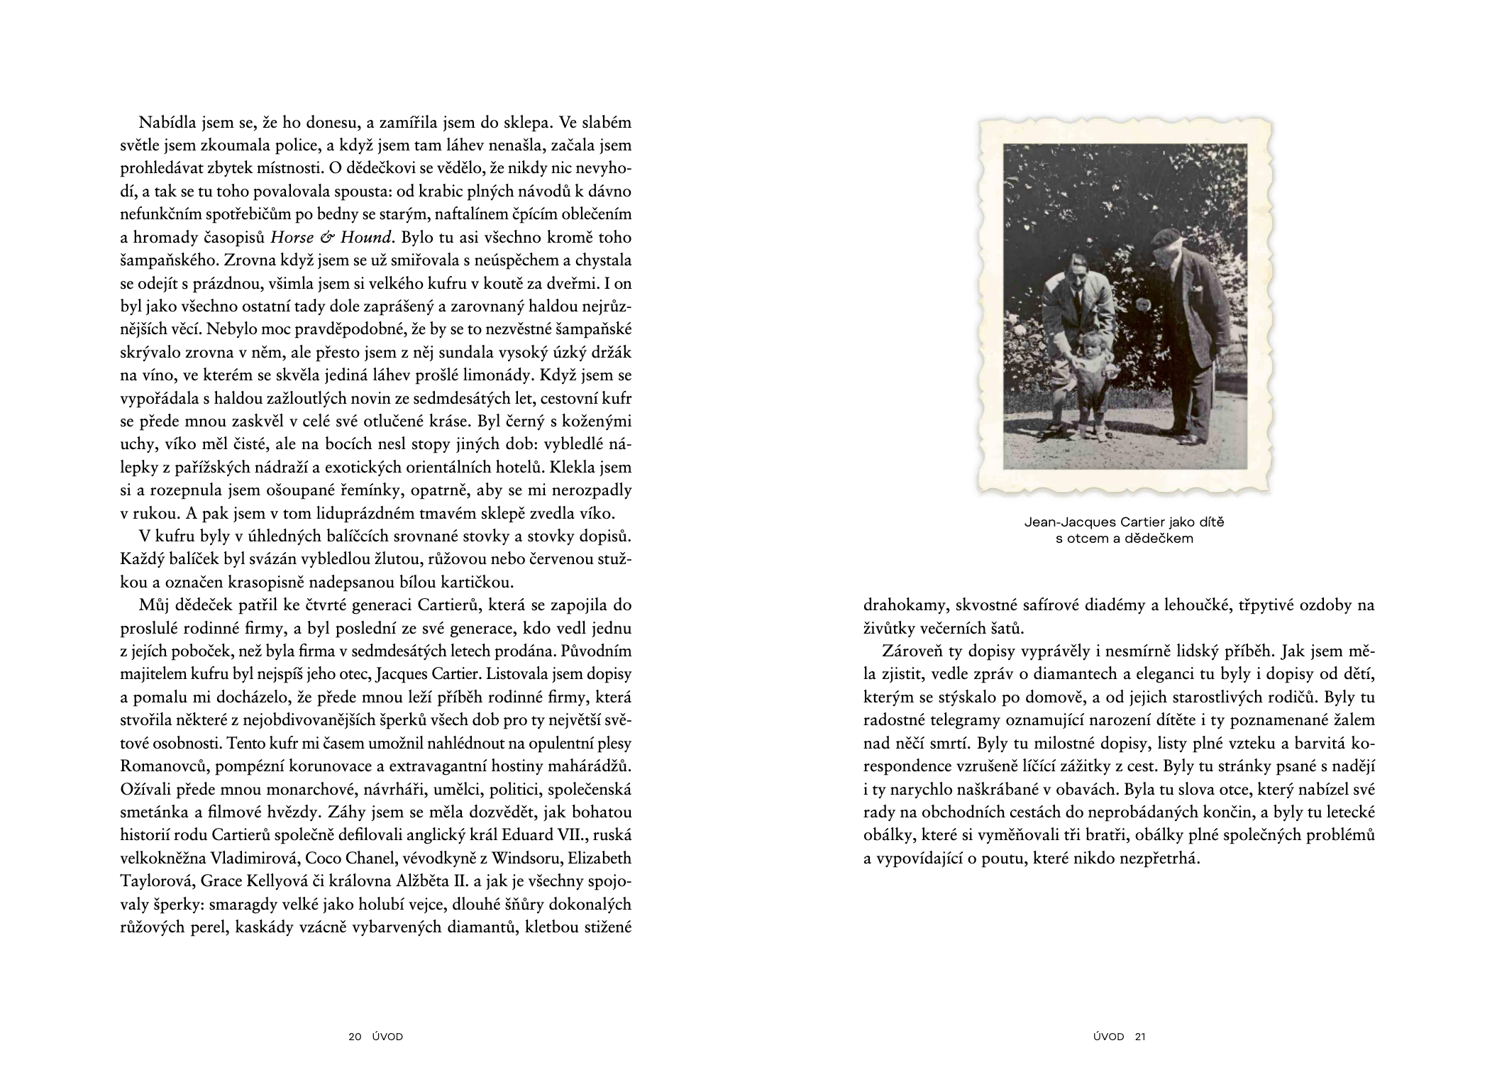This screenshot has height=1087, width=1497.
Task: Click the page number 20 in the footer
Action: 355,1037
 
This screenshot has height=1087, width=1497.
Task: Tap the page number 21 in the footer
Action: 1140,1037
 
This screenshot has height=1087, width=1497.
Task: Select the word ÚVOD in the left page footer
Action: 387,1037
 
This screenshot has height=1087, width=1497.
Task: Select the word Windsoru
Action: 531,859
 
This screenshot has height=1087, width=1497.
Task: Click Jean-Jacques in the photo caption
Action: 1062,522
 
